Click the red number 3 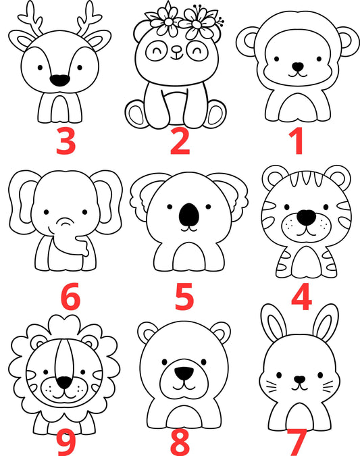(66, 141)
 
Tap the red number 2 (180, 141)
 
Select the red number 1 (297, 141)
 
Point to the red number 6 (70, 297)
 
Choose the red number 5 (184, 297)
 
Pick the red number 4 (301, 297)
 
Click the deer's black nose (60, 80)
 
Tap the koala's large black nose (189, 215)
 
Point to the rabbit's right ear (326, 323)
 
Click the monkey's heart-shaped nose (298, 67)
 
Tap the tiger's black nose (306, 218)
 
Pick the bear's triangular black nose (184, 373)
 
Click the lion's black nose (64, 382)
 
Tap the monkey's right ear (348, 41)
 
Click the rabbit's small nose (299, 380)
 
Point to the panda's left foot (136, 114)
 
